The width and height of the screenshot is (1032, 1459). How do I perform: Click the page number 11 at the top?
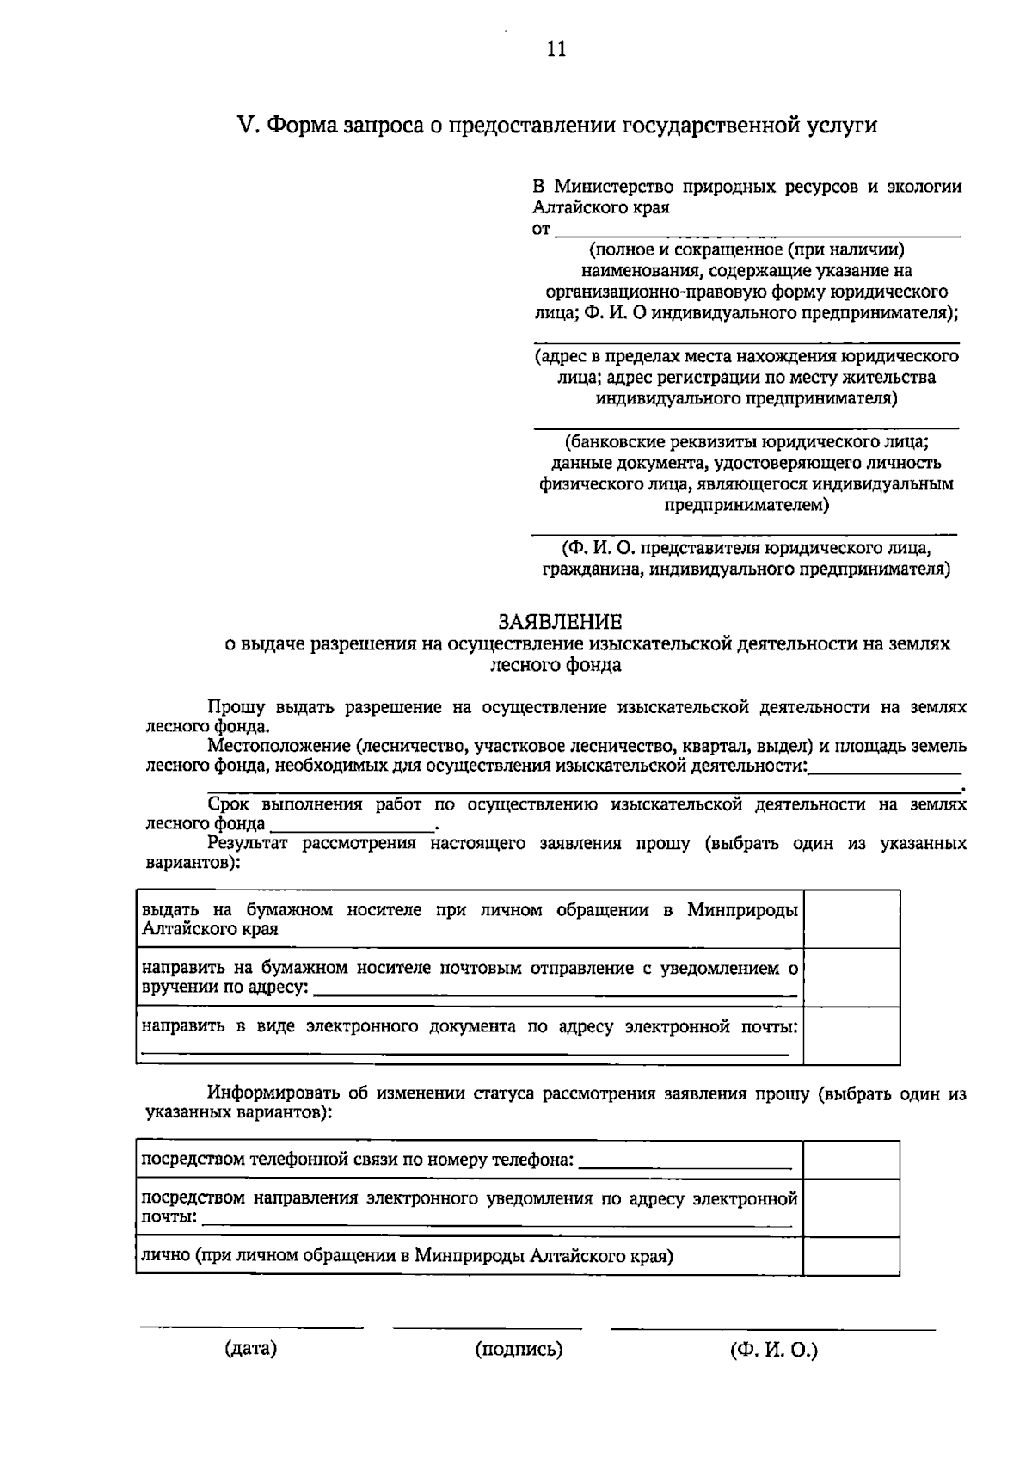556,49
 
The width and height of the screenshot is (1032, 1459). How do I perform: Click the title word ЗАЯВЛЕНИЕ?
561,621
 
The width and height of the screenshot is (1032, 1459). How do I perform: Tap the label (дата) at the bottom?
250,1349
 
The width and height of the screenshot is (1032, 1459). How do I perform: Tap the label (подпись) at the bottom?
519,1350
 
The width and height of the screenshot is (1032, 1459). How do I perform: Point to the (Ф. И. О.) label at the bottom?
774,1350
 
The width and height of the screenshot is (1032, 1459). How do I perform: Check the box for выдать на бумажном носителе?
851,920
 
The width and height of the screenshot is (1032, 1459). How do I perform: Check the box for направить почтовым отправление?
851,977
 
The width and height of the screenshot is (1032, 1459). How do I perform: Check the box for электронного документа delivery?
851,1036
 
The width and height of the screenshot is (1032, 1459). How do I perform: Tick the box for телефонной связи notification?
851,1160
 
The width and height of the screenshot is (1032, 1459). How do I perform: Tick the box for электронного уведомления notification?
851,1208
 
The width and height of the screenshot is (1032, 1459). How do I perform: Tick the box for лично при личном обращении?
851,1256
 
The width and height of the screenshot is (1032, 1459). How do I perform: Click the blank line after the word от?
757,234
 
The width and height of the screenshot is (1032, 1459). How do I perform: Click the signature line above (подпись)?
487,1327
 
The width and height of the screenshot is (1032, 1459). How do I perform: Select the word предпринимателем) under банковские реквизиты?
746,505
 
